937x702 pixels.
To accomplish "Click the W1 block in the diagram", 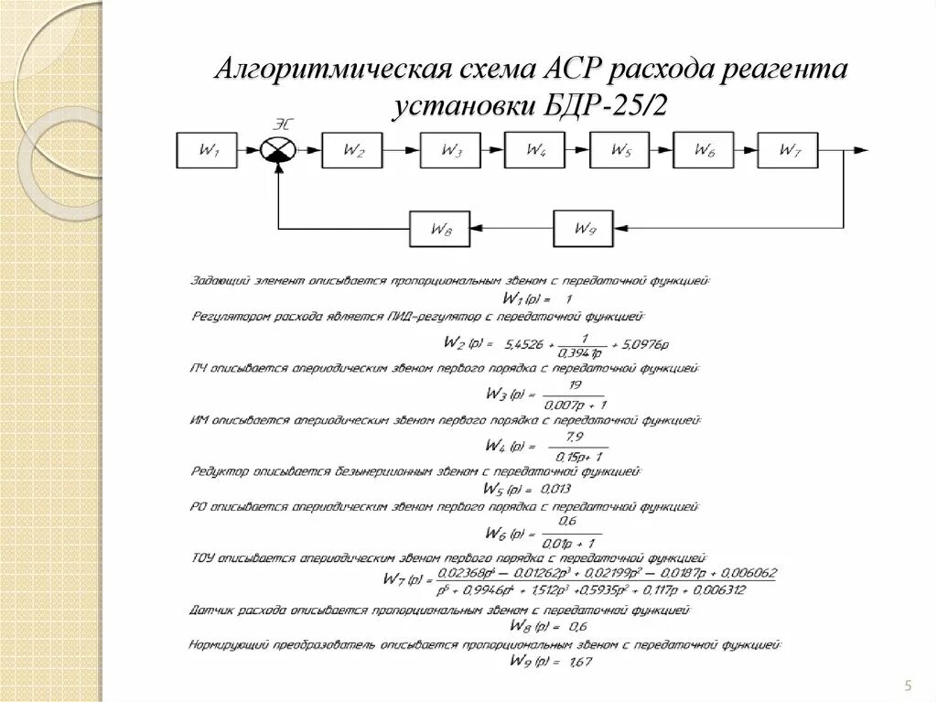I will point(208,149).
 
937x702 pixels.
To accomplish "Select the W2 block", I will point(352,149).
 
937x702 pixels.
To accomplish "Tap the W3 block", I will point(450,149).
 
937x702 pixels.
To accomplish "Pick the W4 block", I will point(534,149).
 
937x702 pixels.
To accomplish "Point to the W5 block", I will point(620,149).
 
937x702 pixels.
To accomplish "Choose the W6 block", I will point(704,149).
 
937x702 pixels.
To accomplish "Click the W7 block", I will point(788,149).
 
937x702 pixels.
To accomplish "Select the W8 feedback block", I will point(440,229).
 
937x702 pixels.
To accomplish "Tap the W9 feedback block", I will point(583,229).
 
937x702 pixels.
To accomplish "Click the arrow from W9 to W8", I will point(512,229).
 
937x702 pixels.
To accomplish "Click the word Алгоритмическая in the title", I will point(333,71).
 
